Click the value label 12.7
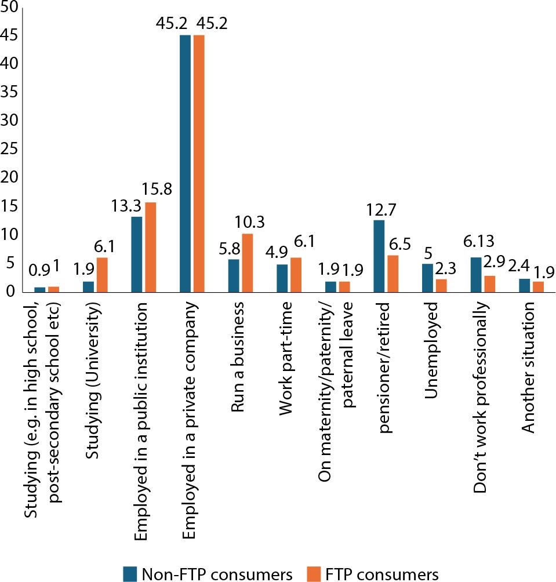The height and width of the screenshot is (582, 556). click(379, 209)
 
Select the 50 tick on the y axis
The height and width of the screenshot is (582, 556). click(11, 8)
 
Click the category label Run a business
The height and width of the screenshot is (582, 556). click(238, 360)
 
